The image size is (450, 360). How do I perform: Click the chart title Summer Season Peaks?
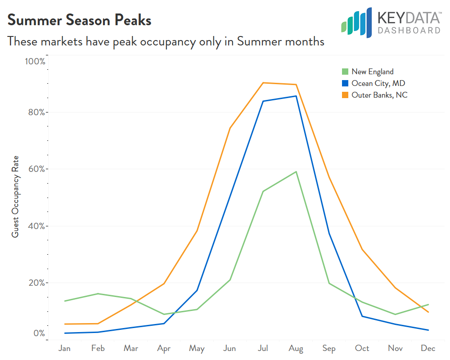pos(79,20)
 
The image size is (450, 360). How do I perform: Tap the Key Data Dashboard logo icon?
pos(356,22)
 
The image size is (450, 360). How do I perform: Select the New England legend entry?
pos(372,72)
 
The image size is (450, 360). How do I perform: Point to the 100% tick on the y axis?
pos(34,61)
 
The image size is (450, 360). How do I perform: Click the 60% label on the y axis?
pos(35,169)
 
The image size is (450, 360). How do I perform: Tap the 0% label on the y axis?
pos(38,333)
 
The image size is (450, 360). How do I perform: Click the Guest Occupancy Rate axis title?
pos(15,197)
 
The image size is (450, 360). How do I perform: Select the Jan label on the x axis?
pos(65,348)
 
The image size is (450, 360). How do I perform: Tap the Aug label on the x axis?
pos(296,348)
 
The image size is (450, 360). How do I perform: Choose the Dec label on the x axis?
pos(428,348)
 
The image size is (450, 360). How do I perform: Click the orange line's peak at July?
pos(263,83)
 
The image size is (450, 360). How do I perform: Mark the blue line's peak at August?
pos(296,96)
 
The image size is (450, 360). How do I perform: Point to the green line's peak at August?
pos(296,171)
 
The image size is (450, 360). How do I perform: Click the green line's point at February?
pos(98,294)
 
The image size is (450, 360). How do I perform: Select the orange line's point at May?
pos(197,231)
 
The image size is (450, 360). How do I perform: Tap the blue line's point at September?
pos(329,233)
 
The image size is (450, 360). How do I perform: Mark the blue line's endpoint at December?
pos(428,330)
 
